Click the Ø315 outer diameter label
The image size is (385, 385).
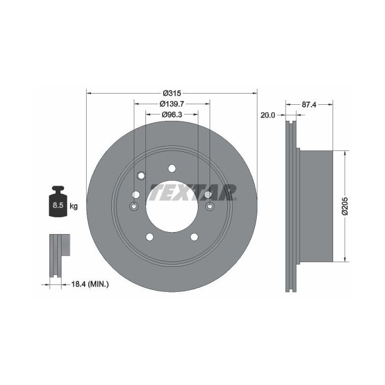[172, 93]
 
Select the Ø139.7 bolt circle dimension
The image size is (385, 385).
[172, 104]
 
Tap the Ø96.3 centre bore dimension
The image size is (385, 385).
[172, 114]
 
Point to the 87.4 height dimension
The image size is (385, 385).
[309, 105]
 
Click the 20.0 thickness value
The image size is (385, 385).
[268, 115]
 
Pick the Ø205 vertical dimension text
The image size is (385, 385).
[345, 206]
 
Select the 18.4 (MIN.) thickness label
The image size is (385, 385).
[90, 284]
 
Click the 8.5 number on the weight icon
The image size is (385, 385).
[58, 205]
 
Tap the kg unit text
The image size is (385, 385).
[73, 206]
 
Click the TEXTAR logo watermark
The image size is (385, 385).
[193, 192]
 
